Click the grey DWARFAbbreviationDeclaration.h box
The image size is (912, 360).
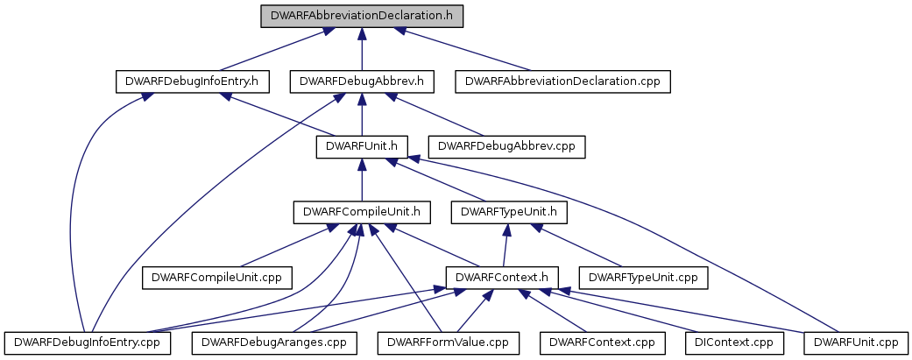coord(362,16)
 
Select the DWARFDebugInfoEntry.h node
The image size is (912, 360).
coord(193,81)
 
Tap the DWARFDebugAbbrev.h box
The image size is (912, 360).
coord(363,81)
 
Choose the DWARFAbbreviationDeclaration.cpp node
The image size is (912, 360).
coord(563,81)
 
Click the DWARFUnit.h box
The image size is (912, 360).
coord(362,147)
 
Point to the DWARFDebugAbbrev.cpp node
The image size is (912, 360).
coord(506,147)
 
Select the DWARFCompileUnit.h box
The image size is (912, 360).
coord(362,213)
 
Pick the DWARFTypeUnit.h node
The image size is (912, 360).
coord(509,213)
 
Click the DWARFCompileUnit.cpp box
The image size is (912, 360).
coord(217,278)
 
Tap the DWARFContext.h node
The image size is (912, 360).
coord(502,278)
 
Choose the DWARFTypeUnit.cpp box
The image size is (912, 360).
coord(644,278)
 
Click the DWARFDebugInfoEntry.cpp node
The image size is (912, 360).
coord(88,343)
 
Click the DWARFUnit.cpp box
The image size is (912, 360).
coord(856,343)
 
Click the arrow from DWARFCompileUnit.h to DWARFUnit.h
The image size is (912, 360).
coord(362,180)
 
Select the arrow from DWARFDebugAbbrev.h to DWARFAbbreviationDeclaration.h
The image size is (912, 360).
coord(362,49)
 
